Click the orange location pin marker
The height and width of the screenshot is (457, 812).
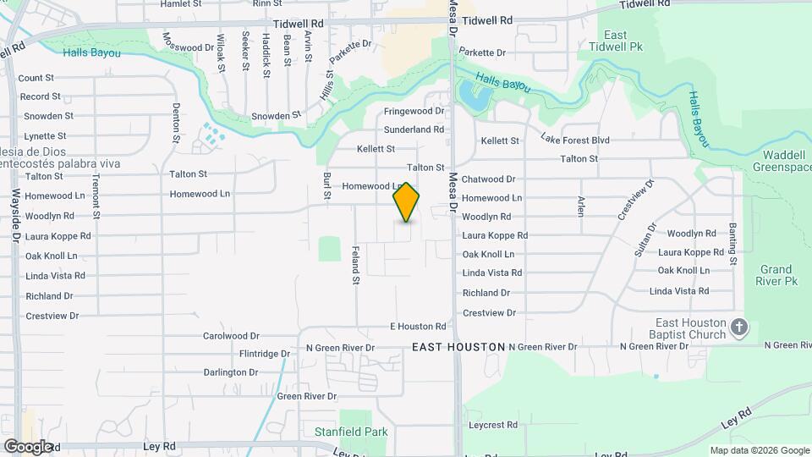click(x=406, y=202)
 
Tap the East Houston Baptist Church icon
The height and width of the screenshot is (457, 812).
click(x=740, y=328)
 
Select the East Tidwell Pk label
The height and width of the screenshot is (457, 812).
click(x=627, y=41)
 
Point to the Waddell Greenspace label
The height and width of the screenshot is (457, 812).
click(x=782, y=161)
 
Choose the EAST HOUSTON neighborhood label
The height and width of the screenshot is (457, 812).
click(x=458, y=347)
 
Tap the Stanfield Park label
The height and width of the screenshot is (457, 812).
click(x=351, y=432)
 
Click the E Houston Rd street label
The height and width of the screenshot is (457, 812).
click(x=417, y=327)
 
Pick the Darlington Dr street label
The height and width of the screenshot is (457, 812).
click(x=231, y=372)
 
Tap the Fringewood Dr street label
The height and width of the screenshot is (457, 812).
click(x=414, y=112)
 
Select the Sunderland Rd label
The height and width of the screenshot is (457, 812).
click(x=414, y=130)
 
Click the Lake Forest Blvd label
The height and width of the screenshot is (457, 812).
click(x=575, y=139)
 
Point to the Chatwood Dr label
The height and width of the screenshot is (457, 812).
click(x=488, y=179)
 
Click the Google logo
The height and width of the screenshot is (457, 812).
click(x=28, y=447)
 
